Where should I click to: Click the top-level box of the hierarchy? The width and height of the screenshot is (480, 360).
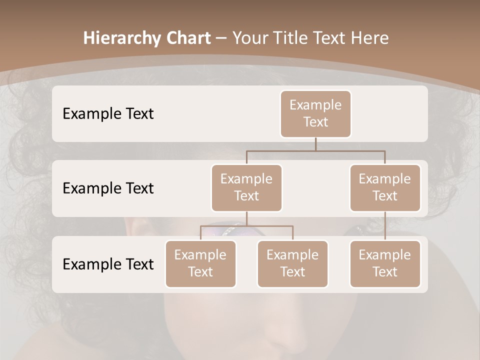tap(315, 114)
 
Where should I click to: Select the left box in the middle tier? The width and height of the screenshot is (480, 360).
tap(246, 188)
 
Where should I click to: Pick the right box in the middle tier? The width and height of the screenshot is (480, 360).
tap(385, 188)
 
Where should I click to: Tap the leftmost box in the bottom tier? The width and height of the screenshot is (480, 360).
tap(200, 264)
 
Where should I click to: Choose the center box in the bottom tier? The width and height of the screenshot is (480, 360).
tap(292, 264)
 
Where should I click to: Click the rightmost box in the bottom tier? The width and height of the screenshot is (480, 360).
tap(385, 264)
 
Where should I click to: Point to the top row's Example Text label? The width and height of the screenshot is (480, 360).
tap(108, 114)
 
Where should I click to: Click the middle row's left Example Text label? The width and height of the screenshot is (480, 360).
tap(108, 188)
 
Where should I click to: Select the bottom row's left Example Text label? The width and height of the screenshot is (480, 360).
tap(108, 264)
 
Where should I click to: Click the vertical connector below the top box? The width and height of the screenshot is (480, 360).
tap(315, 144)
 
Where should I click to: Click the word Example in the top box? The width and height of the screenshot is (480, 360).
tap(315, 105)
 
